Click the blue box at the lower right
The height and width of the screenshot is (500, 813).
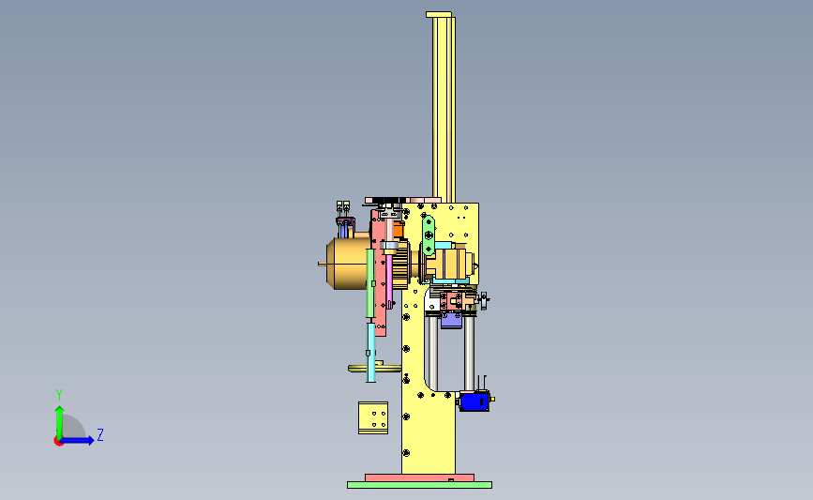click(x=474, y=402)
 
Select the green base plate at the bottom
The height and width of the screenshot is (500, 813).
click(x=419, y=485)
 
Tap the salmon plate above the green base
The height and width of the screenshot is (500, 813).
click(x=419, y=477)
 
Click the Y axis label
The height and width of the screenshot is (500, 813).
click(x=59, y=395)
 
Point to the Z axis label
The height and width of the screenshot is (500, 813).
click(x=100, y=434)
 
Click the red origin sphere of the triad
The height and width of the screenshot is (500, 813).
click(x=58, y=442)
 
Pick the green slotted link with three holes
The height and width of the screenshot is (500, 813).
click(x=429, y=235)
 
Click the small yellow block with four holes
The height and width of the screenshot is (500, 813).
click(x=373, y=417)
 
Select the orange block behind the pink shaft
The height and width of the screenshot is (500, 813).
click(x=399, y=230)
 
